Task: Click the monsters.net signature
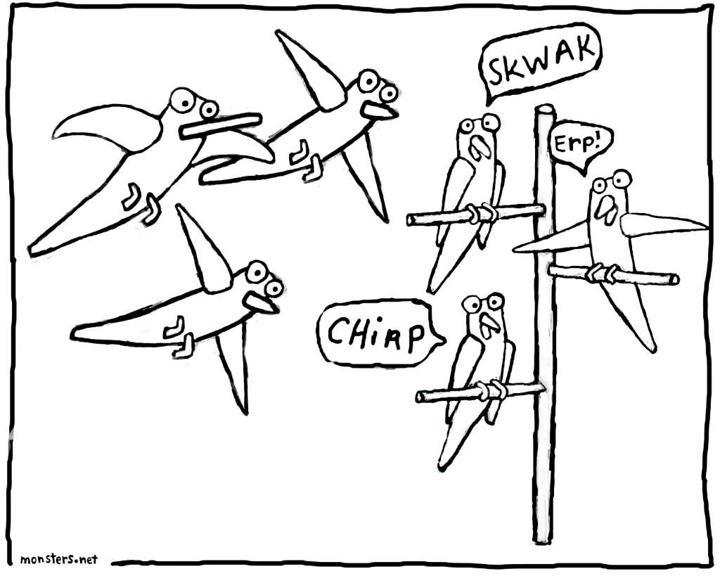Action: (59, 559)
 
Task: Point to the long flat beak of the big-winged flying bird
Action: (221, 125)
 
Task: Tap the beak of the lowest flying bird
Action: (260, 303)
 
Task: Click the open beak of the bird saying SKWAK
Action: (479, 146)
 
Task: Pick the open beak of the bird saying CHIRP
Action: (489, 325)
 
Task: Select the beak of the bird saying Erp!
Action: (605, 210)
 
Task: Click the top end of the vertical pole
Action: (545, 110)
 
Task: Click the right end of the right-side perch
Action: (674, 279)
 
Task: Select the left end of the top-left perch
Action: (410, 220)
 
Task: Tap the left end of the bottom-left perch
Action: (420, 397)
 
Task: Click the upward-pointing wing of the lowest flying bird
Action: (202, 250)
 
